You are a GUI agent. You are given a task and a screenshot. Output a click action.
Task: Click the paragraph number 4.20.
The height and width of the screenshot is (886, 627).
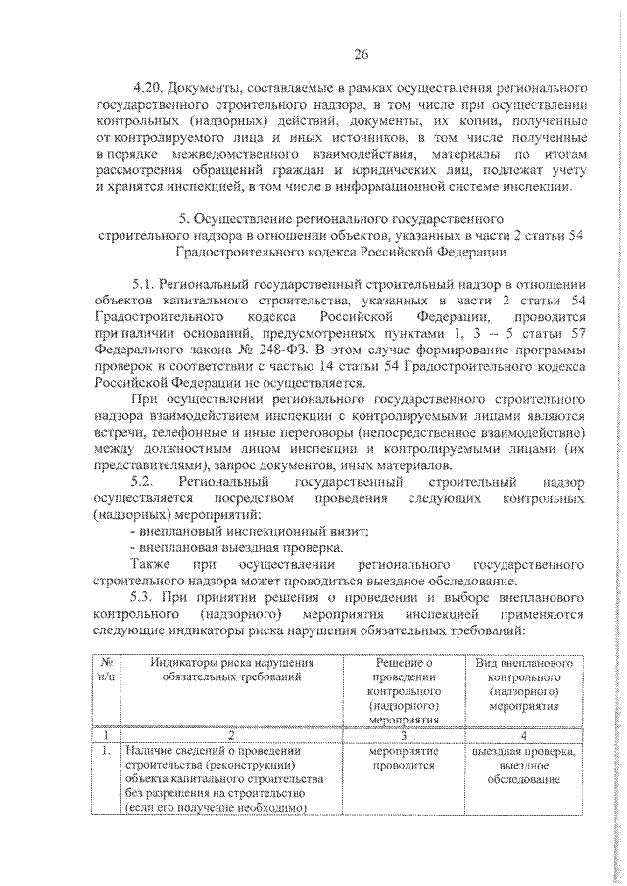(x=146, y=86)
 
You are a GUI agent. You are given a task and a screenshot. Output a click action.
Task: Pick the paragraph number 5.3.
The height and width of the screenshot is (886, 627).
(x=143, y=597)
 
